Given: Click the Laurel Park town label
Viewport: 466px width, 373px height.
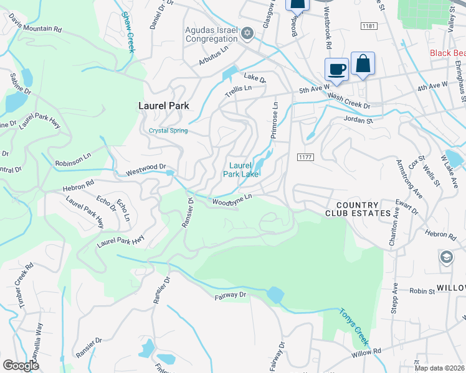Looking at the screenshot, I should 163,106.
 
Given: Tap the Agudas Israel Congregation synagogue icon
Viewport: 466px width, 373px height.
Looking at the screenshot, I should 247,33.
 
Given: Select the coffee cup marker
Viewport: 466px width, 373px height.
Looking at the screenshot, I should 336,69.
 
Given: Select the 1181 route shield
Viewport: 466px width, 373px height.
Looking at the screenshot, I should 369,25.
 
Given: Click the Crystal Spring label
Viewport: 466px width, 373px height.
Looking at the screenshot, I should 168,131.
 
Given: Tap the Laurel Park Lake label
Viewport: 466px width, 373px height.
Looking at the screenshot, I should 244,170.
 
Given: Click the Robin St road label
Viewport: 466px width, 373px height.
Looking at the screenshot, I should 422,290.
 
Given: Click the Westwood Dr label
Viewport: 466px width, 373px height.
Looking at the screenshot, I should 146,168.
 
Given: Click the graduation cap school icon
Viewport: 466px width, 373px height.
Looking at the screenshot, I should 446,257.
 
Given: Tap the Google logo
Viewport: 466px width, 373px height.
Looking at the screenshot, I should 21,366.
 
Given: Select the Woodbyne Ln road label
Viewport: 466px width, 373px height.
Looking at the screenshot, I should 232,200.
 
